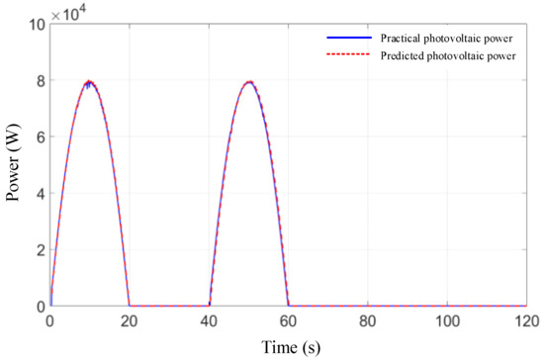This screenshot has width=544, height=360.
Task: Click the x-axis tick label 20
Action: pos(129,321)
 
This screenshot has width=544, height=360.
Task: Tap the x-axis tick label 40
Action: pos(209,321)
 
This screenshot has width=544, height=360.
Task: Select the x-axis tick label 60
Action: pos(288,321)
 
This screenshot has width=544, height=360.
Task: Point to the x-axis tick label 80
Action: pos(368,321)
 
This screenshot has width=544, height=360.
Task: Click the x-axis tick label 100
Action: pos(447,321)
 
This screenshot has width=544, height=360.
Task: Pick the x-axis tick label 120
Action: pos(526,321)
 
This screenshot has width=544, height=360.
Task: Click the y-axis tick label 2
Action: pos(41,249)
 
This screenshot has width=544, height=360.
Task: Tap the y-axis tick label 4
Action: pos(41,194)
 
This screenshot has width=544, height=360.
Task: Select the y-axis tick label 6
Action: pos(41,137)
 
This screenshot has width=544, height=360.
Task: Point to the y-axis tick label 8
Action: pos(41,80)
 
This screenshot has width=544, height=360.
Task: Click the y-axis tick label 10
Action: pos(38,25)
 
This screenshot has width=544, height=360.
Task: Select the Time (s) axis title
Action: pos(291,347)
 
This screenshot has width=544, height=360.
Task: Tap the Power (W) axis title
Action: pos(13,162)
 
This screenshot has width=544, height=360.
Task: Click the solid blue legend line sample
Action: pos(349,38)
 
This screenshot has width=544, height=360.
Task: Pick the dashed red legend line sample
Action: pos(349,54)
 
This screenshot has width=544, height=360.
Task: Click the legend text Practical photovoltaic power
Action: pos(446,39)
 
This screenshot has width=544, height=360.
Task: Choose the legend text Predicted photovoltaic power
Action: pos(448,55)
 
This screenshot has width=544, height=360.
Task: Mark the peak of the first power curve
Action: pos(89,81)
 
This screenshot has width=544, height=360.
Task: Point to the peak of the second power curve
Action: pos(249,82)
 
